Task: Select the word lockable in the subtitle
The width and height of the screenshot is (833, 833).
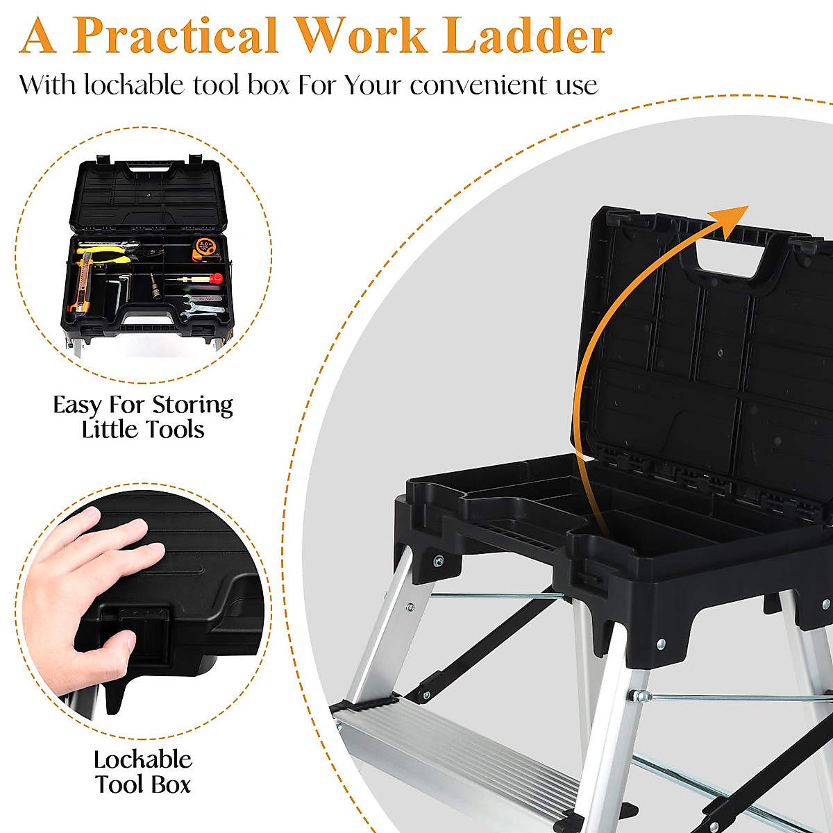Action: [134, 85]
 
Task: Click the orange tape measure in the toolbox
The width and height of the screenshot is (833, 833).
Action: [205, 247]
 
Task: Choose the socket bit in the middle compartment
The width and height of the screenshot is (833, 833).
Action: [156, 286]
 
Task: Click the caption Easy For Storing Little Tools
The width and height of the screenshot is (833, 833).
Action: [143, 416]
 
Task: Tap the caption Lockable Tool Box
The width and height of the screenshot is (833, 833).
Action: [143, 772]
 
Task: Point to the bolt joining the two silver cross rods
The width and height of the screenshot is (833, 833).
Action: [639, 695]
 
